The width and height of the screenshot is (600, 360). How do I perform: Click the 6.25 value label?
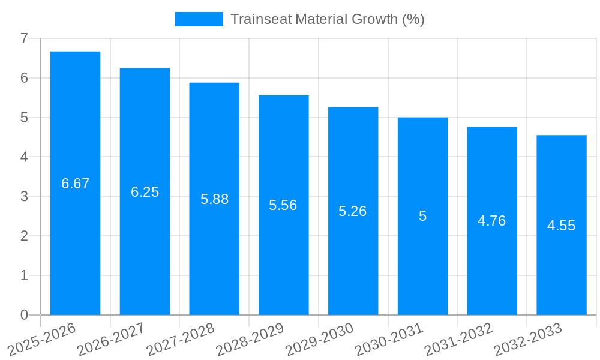145,192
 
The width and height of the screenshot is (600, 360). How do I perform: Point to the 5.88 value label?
214,199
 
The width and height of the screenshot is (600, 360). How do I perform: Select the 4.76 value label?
491,221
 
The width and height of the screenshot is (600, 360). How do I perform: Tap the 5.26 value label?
352,211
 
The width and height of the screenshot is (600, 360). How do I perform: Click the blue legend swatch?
199,19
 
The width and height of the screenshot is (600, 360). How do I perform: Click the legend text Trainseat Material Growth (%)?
327,19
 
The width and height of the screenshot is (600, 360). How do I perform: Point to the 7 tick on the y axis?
24,38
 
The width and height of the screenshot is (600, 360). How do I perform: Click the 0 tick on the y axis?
24,315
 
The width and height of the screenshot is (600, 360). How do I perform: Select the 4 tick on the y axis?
24,157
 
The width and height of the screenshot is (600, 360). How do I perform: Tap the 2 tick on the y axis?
24,236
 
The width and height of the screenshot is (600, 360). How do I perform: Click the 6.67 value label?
75,184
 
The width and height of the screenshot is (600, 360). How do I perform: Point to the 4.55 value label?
561,226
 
